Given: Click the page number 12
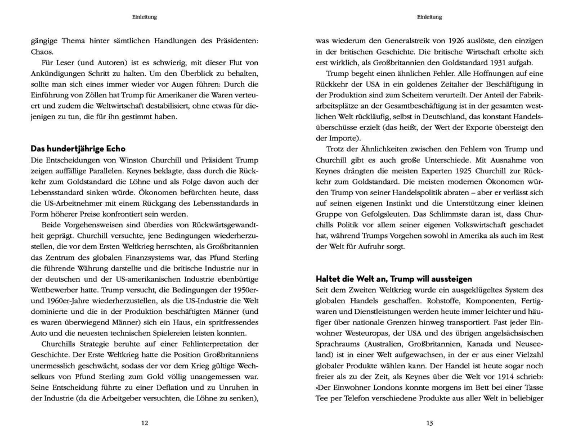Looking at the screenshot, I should (145, 423).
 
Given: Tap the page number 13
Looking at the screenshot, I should (429, 423).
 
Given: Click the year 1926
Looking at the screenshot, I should (442, 40).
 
